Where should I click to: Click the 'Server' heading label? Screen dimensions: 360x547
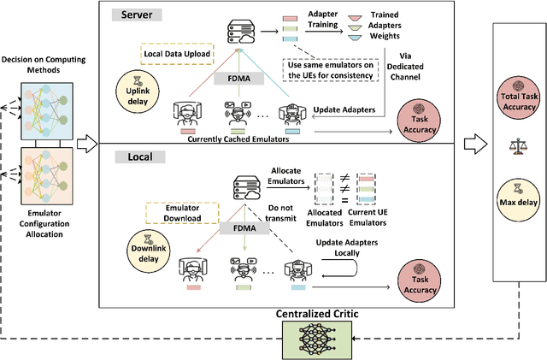point(138,15)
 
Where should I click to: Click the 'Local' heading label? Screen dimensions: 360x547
point(134,157)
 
